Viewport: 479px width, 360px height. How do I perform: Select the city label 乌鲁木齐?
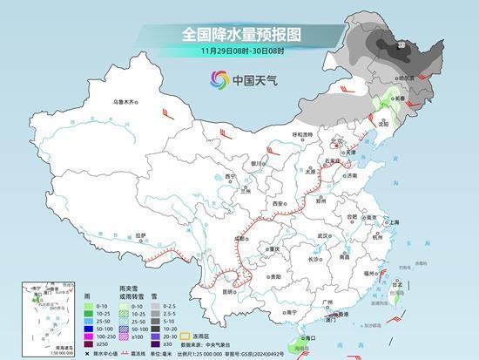coord(125,102)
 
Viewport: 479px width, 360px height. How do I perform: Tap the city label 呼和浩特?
coord(302,134)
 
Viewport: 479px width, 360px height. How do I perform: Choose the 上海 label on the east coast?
coord(394,222)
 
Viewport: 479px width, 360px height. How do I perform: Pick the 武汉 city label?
coord(325,235)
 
